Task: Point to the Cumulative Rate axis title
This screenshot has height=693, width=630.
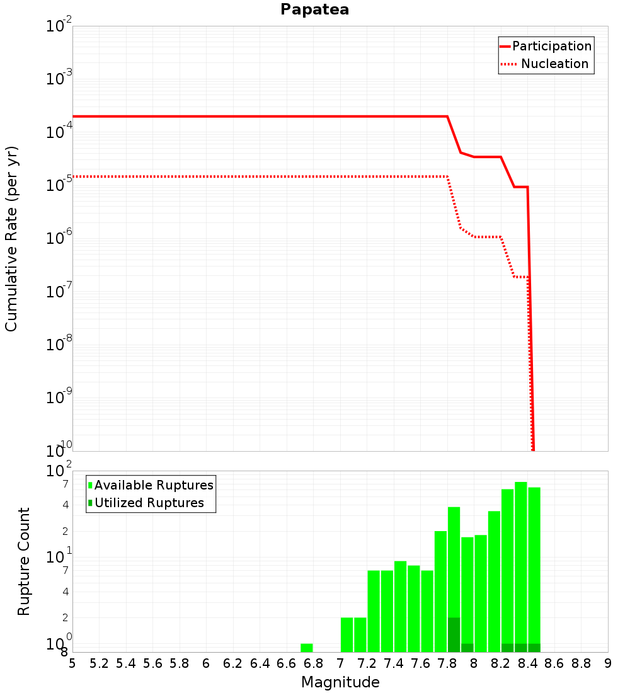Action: tap(11, 238)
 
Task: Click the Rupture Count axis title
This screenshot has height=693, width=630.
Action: tap(24, 561)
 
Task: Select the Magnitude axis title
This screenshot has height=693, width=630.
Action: tap(340, 682)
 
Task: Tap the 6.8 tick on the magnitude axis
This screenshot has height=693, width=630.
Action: tap(313, 663)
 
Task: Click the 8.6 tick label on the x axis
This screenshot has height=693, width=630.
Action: tap(554, 663)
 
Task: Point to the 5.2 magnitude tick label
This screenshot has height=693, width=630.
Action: tap(99, 663)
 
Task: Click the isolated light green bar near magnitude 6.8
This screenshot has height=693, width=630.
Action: tap(307, 648)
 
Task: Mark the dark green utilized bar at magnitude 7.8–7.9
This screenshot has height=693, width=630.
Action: tap(454, 634)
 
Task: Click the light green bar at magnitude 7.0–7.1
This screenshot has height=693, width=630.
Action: tap(346, 634)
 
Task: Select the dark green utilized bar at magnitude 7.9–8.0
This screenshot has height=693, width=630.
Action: tap(467, 648)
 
